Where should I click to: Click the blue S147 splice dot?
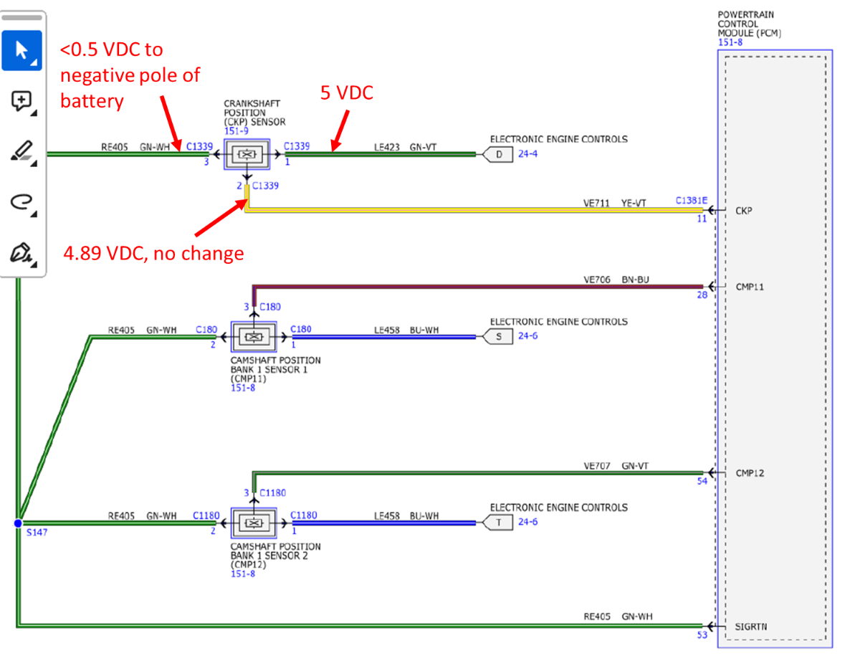pos(19,523)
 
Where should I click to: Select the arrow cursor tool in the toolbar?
pos(21,50)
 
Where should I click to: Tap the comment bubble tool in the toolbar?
pos(21,102)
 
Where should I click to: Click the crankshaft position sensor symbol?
pos(247,154)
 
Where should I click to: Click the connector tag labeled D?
pos(498,153)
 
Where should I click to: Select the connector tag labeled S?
pos(498,336)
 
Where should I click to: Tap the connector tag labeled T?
pos(498,523)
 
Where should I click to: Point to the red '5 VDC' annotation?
pos(347,93)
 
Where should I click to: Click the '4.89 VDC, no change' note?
pos(153,253)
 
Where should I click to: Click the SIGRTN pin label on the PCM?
pos(750,626)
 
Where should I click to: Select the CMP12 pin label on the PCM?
pos(750,473)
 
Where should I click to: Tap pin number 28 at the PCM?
pos(702,295)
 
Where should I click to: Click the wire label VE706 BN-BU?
pos(616,280)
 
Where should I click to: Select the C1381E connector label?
pos(691,201)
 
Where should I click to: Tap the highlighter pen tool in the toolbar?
pos(21,152)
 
